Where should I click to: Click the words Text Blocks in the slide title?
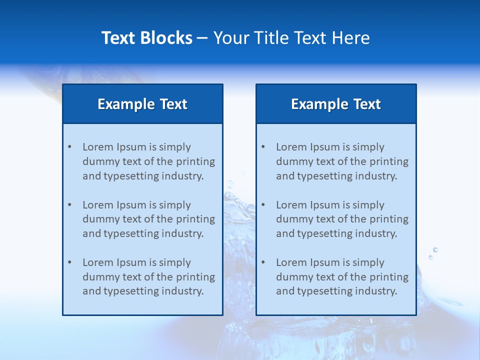(x=146, y=38)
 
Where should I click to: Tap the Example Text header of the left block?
(x=142, y=104)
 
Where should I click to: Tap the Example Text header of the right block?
(x=336, y=104)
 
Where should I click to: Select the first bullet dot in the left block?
(x=69, y=147)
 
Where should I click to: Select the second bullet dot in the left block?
(x=69, y=205)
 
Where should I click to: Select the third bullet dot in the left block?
(x=69, y=262)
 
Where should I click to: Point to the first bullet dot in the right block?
(x=263, y=147)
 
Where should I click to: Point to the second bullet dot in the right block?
(x=263, y=205)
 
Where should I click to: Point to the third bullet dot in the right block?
(x=263, y=262)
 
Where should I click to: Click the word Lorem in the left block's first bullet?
(x=98, y=147)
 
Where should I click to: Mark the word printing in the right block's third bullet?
(x=389, y=277)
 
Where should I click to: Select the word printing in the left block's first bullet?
(x=196, y=161)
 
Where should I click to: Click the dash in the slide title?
(x=202, y=38)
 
